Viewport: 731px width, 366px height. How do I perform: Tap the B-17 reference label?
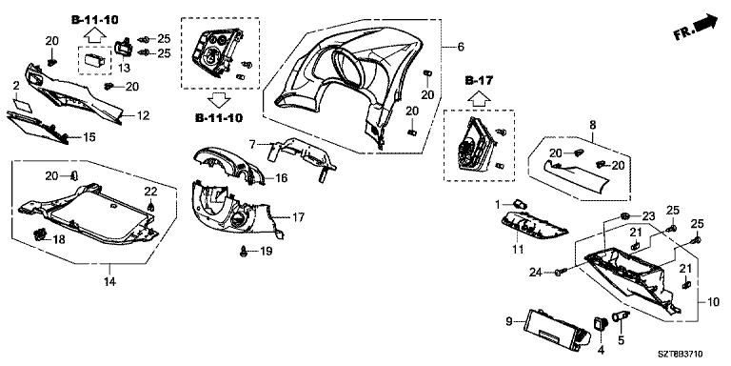pyautogui.click(x=479, y=81)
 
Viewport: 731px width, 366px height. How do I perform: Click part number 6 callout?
pyautogui.click(x=461, y=46)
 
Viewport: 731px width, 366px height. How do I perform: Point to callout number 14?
pyautogui.click(x=110, y=281)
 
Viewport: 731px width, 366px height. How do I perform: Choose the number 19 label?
pyautogui.click(x=266, y=252)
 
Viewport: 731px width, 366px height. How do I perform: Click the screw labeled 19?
pyautogui.click(x=243, y=252)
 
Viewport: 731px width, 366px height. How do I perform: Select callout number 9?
pyautogui.click(x=509, y=321)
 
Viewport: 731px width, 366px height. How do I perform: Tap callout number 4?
pyautogui.click(x=601, y=349)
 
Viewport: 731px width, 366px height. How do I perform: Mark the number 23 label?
pyautogui.click(x=648, y=216)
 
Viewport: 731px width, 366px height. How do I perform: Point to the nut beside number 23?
pyautogui.click(x=627, y=215)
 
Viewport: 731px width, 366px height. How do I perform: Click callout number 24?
pyautogui.click(x=535, y=273)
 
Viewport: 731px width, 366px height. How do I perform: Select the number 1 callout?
pyautogui.click(x=497, y=204)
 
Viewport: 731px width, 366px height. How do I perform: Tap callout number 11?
pyautogui.click(x=518, y=250)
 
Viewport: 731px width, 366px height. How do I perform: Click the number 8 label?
pyautogui.click(x=593, y=125)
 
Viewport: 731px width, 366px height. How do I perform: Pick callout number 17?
pyautogui.click(x=298, y=217)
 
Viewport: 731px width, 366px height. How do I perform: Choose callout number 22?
pyautogui.click(x=150, y=191)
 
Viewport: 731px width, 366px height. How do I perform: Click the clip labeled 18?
pyautogui.click(x=41, y=234)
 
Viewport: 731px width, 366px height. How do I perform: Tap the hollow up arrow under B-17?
pyautogui.click(x=479, y=97)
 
